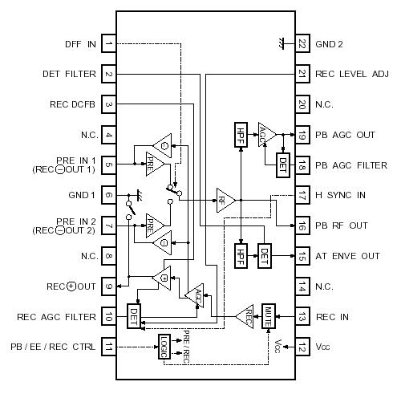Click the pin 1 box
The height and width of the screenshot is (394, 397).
108,44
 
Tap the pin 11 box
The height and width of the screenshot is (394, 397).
108,347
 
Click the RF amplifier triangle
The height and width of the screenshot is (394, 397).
225,197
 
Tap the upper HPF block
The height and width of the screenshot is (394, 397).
241,133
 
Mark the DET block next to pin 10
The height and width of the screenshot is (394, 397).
133,314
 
